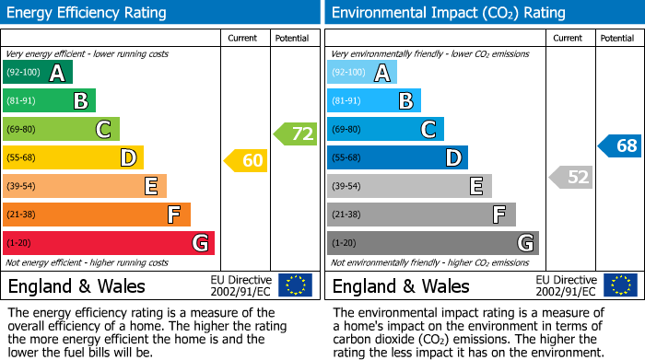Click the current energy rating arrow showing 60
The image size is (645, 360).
coord(246,161)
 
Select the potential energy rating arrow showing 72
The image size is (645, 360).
coord(296,134)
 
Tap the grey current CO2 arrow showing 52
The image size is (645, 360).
coord(570,177)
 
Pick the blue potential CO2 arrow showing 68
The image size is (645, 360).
coord(620,145)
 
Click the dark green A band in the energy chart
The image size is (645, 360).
coord(38,73)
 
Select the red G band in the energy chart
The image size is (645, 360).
coord(109,243)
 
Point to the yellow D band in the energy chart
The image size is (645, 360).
coord(73,157)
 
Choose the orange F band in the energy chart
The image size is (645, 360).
coord(97,215)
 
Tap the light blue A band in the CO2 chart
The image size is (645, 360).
coord(362,73)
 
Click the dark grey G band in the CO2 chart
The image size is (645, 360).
coord(433,243)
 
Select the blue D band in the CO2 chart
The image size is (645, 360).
coord(397,157)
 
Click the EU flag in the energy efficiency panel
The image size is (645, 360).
coord(295,285)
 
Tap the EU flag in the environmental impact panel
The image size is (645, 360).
coord(620,285)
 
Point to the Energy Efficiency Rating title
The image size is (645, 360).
coord(88,13)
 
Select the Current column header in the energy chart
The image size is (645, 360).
coord(244,38)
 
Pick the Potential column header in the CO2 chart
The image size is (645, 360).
coord(617,38)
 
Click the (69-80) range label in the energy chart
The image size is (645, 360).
coord(22,130)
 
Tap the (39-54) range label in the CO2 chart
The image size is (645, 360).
coord(346,187)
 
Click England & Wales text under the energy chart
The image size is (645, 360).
coord(76,285)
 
